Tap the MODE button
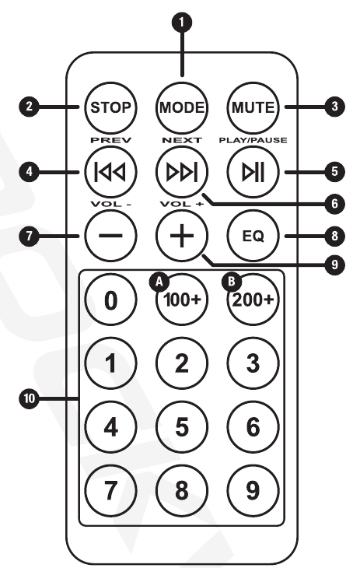pos(182,107)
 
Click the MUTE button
pos(253,107)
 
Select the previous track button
pos(110,172)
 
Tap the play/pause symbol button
pos(253,172)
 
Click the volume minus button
pos(110,236)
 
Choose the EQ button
pos(253,236)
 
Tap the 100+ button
pos(182,300)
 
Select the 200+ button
pos(253,300)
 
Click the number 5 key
pos(182,426)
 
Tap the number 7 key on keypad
pos(110,490)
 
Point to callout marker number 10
pos(29,399)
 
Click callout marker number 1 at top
pos(181,22)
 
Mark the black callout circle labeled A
pos(159,282)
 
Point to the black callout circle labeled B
pos(231,282)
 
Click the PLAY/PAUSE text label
pos(253,140)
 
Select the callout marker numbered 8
pos(334,237)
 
